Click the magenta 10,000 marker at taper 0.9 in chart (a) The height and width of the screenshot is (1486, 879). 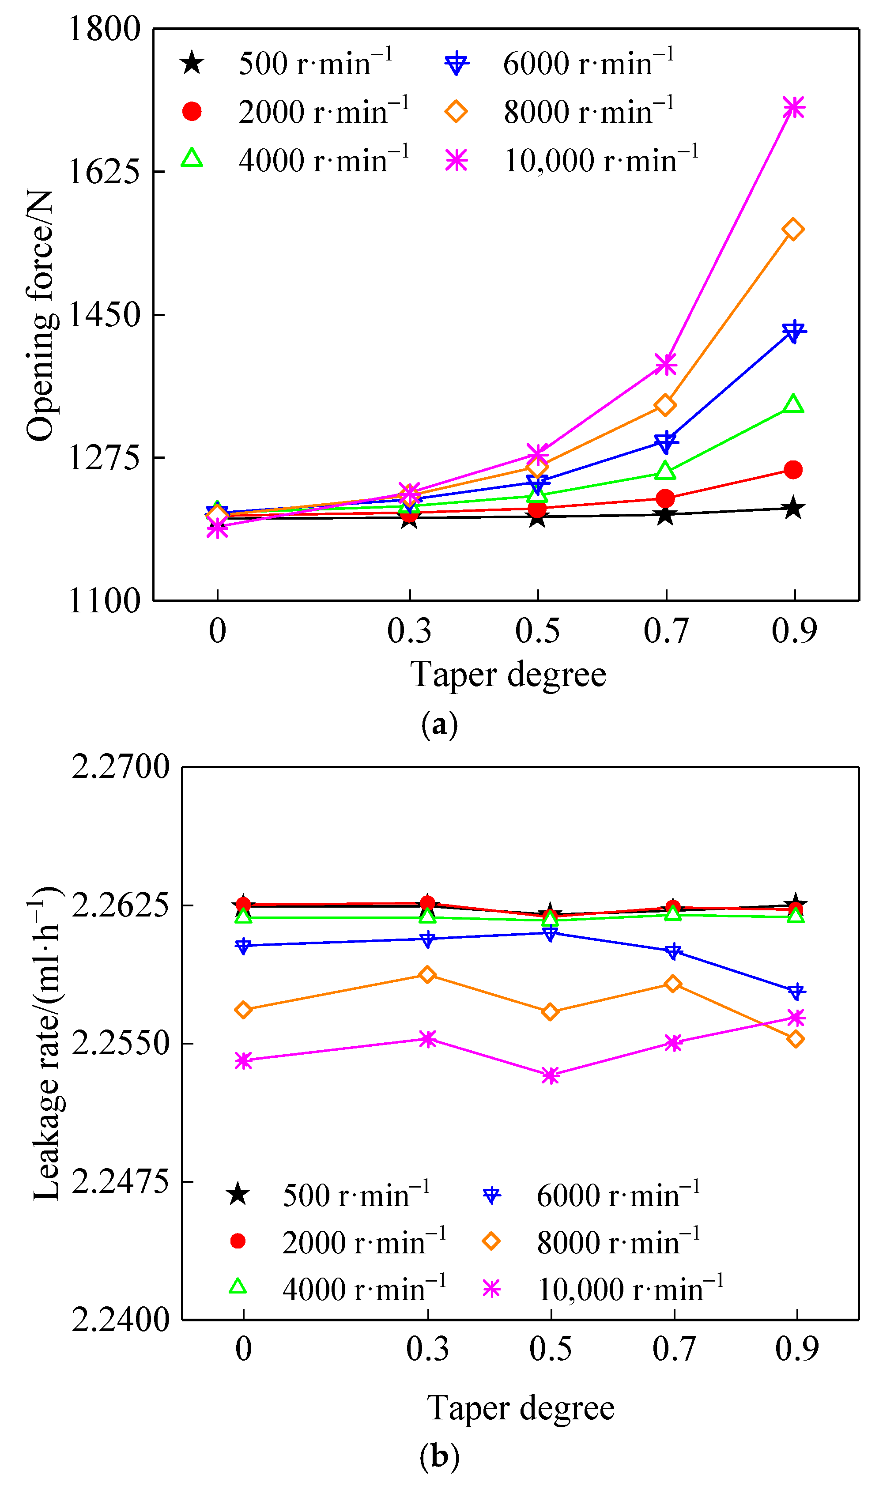pyautogui.click(x=794, y=108)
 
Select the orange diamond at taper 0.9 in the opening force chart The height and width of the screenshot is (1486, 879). pyautogui.click(x=793, y=229)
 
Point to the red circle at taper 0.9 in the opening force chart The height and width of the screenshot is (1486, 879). pyautogui.click(x=793, y=470)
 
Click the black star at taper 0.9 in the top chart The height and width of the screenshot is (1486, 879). pyautogui.click(x=793, y=508)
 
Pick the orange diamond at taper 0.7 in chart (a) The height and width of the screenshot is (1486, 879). pyautogui.click(x=665, y=405)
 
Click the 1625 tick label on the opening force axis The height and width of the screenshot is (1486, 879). pyautogui.click(x=104, y=172)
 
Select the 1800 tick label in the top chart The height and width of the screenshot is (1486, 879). pyautogui.click(x=104, y=28)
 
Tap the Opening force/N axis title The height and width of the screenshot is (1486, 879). pyautogui.click(x=40, y=316)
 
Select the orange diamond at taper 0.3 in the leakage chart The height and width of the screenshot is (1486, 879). pyautogui.click(x=428, y=974)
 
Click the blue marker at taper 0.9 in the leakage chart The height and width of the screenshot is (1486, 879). pyautogui.click(x=797, y=992)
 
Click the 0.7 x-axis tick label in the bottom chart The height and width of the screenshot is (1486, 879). pyautogui.click(x=674, y=1349)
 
